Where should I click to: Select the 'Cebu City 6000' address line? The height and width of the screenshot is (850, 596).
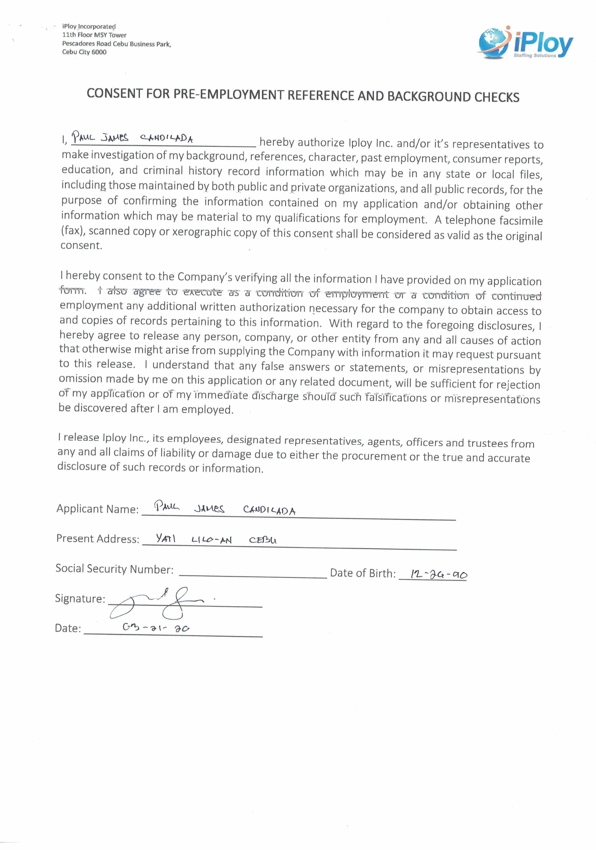pos(84,52)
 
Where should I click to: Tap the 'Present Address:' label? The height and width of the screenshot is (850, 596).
pos(97,539)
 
